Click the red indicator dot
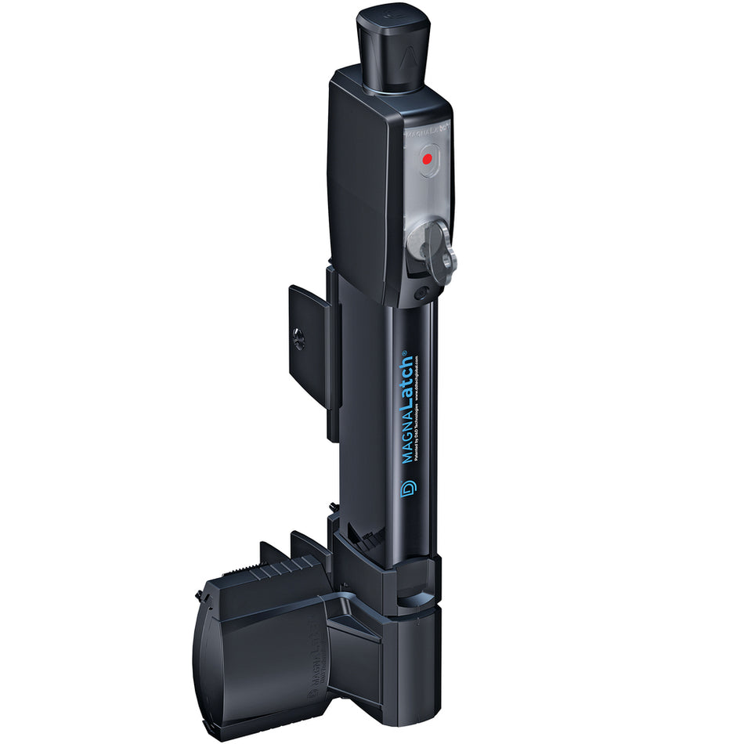click(x=427, y=159)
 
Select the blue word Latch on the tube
click(x=407, y=381)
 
